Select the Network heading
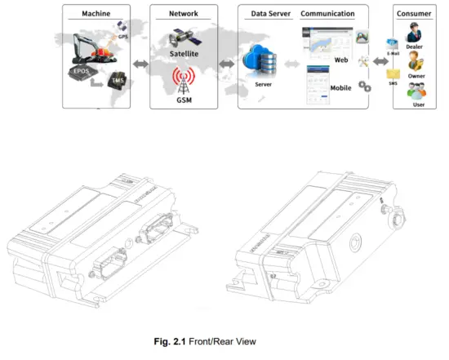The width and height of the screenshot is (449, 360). pos(183,14)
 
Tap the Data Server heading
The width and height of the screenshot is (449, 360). pos(268,14)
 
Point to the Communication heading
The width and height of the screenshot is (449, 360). pos(327,14)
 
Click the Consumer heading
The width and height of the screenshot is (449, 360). pos(414,14)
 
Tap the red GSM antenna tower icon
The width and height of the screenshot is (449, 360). pos(184,80)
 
